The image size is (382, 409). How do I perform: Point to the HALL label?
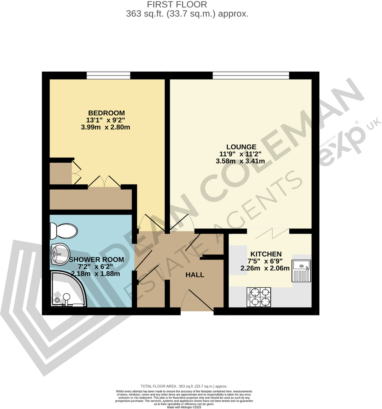[195, 275]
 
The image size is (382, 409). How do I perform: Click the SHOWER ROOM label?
[96, 260]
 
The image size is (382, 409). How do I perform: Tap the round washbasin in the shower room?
[59, 254]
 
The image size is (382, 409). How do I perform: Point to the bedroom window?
[108, 75]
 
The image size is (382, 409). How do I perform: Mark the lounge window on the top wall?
[251, 75]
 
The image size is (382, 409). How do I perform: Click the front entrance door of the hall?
[197, 301]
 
